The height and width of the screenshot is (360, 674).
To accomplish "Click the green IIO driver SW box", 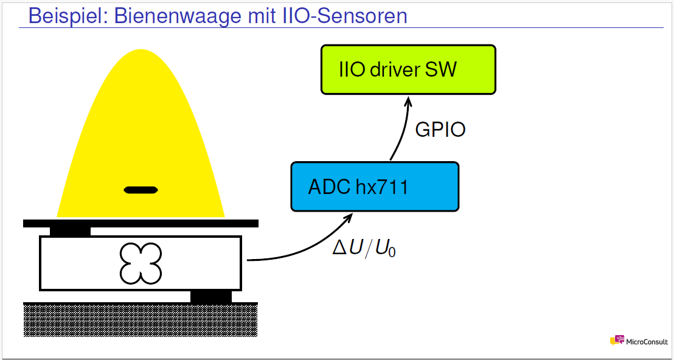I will coord(408,69).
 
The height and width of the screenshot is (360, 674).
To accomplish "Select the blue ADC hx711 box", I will coord(375,187).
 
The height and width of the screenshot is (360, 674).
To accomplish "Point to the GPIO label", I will coord(440,130).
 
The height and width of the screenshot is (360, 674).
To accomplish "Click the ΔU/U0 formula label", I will coord(364,248).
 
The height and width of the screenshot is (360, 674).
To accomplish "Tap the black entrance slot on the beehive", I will coord(141,190).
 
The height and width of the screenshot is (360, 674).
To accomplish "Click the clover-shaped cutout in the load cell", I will coord(141,263).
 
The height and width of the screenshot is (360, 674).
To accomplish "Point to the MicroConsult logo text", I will coord(647,342).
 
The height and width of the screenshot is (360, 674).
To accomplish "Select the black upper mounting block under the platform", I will coord(70,232).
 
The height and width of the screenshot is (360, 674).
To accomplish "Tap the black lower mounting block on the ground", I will coord(211,296).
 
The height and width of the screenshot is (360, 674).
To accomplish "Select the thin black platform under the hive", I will coord(141,223).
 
